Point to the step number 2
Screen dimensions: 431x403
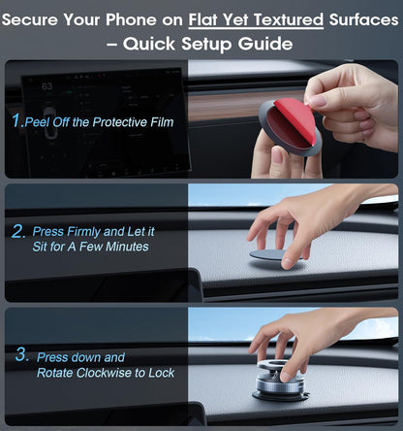[18, 232]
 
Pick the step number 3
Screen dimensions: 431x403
[21, 356]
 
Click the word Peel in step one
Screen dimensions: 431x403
[42, 122]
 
